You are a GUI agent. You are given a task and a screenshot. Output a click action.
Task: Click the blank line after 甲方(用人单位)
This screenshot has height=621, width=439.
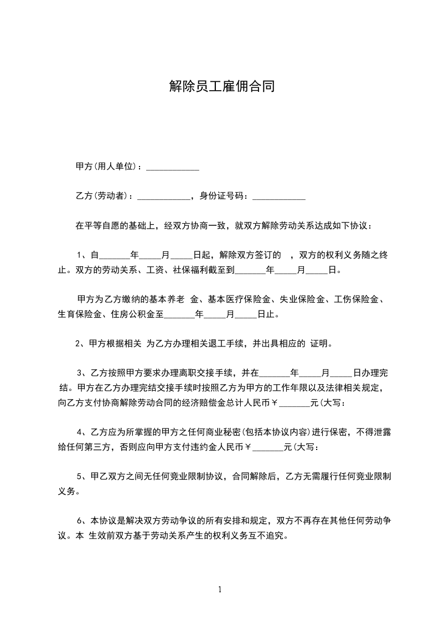pos(172,167)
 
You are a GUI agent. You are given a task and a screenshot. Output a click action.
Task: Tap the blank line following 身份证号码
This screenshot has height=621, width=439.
pos(279,196)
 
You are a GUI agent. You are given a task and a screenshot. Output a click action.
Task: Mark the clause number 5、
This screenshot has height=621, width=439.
pos(81,476)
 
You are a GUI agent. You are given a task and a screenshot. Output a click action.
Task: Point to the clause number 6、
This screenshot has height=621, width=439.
pos(81,521)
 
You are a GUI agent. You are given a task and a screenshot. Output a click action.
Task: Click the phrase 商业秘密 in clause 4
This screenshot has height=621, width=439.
pos(212,432)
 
